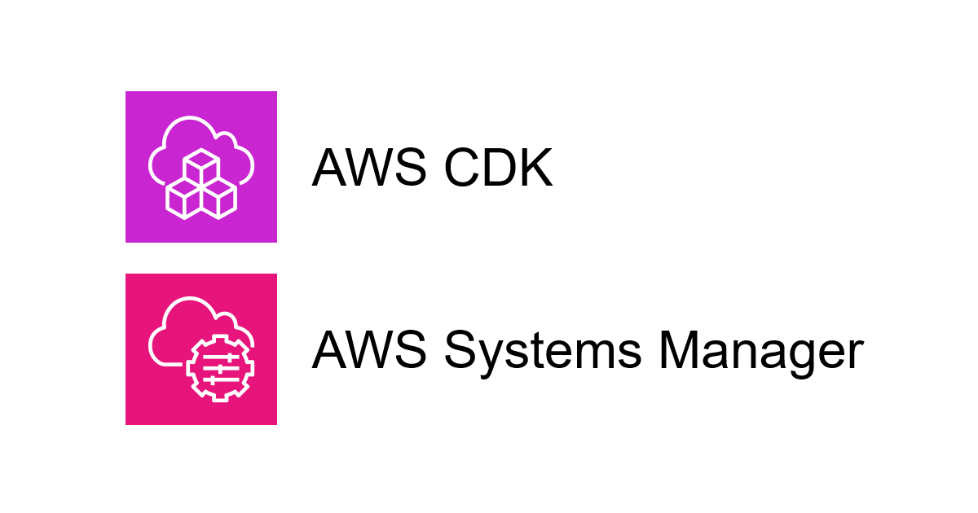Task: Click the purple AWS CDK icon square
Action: pos(200,166)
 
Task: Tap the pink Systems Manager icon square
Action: pos(200,349)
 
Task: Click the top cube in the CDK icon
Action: pos(200,166)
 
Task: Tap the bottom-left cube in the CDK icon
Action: pos(183,197)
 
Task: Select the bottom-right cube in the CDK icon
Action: pos(218,197)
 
